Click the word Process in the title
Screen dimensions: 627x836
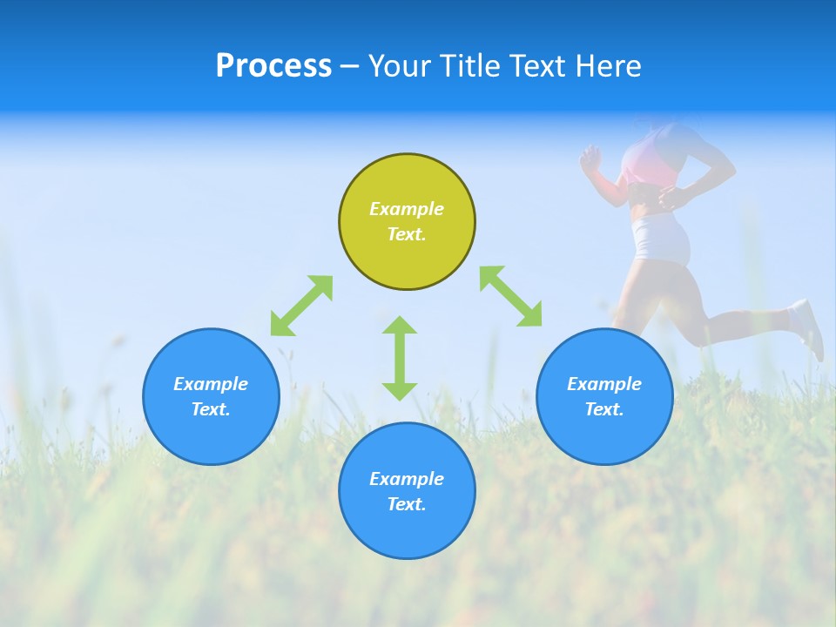pyautogui.click(x=273, y=66)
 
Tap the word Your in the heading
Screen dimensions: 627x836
pyautogui.click(x=400, y=66)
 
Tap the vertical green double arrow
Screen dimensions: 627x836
pyautogui.click(x=400, y=358)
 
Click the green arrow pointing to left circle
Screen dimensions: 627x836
pyautogui.click(x=301, y=305)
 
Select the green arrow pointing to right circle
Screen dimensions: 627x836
pyautogui.click(x=511, y=296)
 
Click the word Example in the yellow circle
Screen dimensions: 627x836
pyautogui.click(x=407, y=209)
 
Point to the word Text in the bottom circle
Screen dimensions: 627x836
pyautogui.click(x=405, y=504)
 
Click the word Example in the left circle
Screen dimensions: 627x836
pyautogui.click(x=211, y=384)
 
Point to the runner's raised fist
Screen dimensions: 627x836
pyautogui.click(x=591, y=158)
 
